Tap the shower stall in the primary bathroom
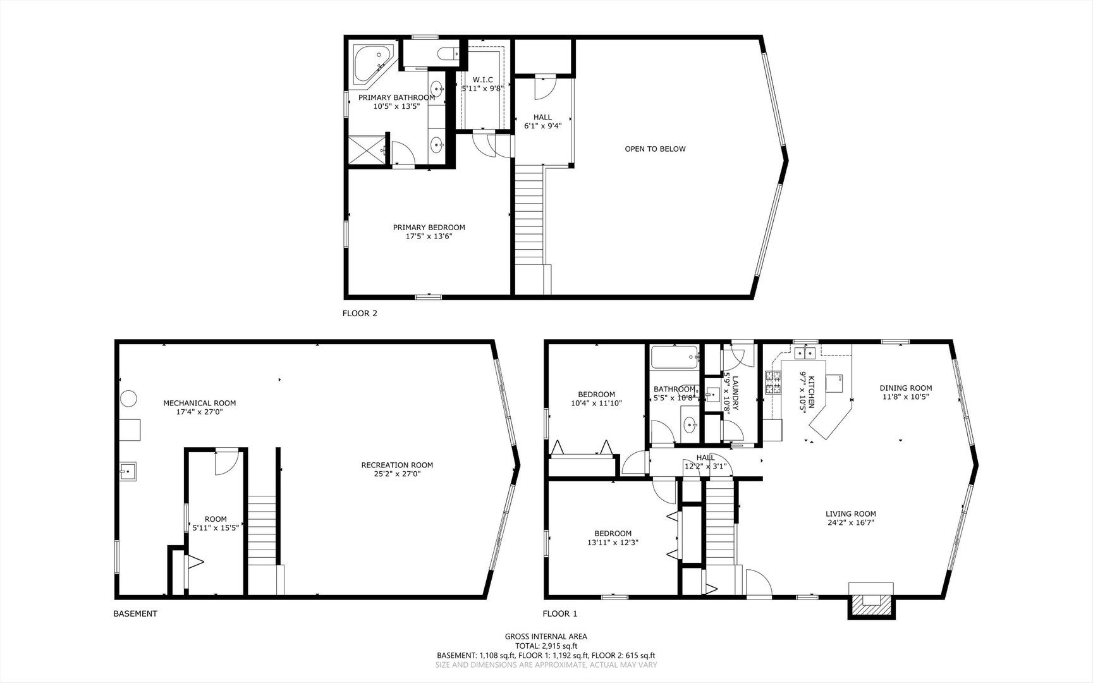click(x=367, y=150)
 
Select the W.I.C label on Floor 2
click(x=482, y=80)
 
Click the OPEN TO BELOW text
click(x=655, y=149)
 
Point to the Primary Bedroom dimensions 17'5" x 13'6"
click(x=429, y=237)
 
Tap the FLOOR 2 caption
click(x=360, y=313)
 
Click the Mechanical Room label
click(x=200, y=403)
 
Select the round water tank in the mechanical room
click(x=129, y=398)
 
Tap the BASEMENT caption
click(x=135, y=613)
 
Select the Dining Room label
click(x=906, y=388)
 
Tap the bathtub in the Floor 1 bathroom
click(x=675, y=357)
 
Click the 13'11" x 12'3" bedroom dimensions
click(x=613, y=542)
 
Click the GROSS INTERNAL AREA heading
click(x=546, y=637)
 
